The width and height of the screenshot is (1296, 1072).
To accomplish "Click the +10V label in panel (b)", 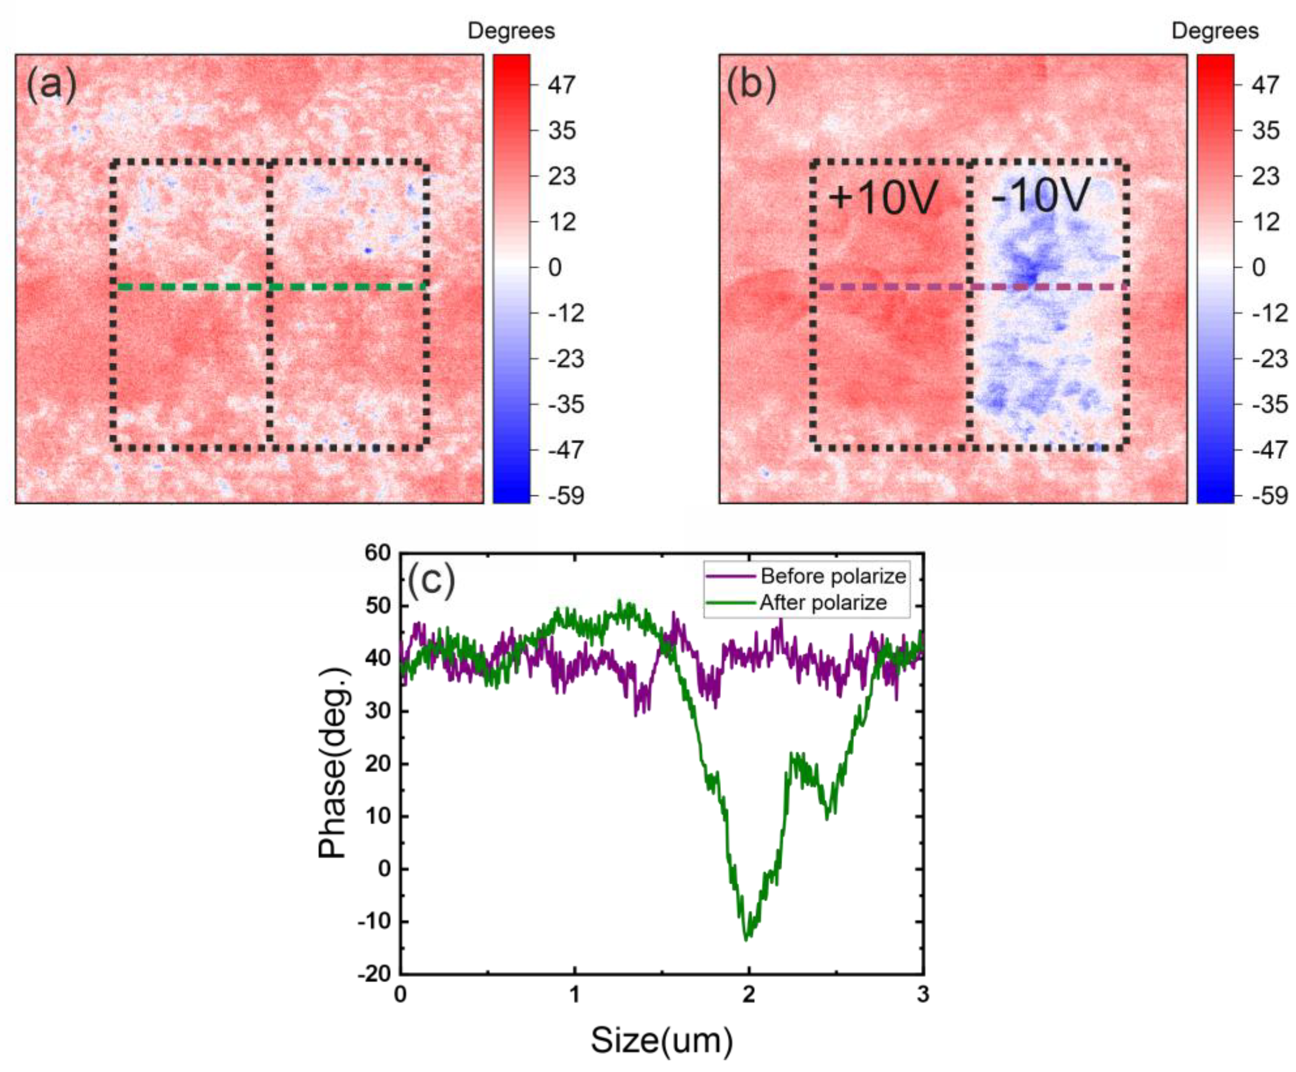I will click(883, 197).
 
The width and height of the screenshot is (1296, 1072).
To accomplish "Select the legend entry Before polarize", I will click(833, 576).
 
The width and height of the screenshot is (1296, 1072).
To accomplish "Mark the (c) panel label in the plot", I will click(432, 580).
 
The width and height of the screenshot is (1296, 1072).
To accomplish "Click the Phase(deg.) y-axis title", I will click(333, 763).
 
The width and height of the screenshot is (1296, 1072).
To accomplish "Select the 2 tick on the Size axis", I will click(748, 995).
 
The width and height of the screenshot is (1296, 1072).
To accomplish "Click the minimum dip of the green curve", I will click(747, 938).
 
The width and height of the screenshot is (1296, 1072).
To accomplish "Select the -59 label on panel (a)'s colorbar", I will click(566, 495).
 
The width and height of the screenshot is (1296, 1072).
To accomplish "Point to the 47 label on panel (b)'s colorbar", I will click(1265, 85).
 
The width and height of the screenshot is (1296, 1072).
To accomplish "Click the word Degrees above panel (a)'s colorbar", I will click(511, 31).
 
